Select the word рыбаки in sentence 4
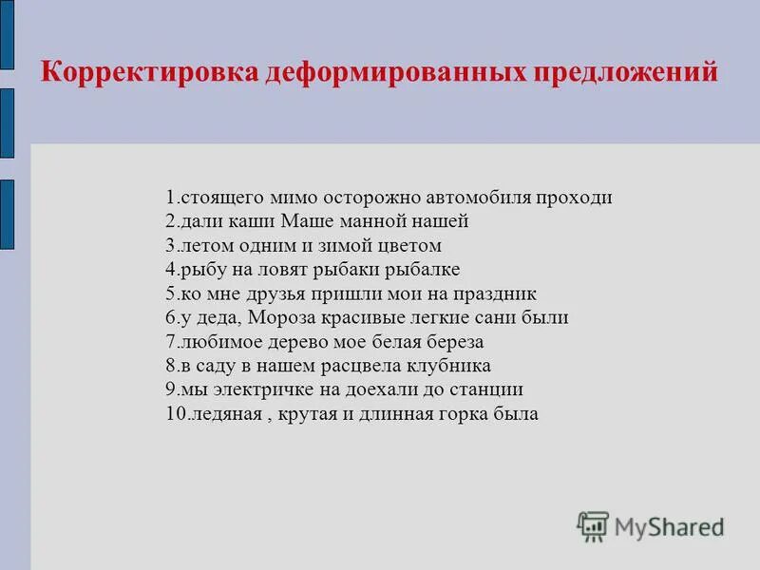363,270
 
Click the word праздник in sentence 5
497,294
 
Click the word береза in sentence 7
447,342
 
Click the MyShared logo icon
593,525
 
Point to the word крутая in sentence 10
306,414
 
